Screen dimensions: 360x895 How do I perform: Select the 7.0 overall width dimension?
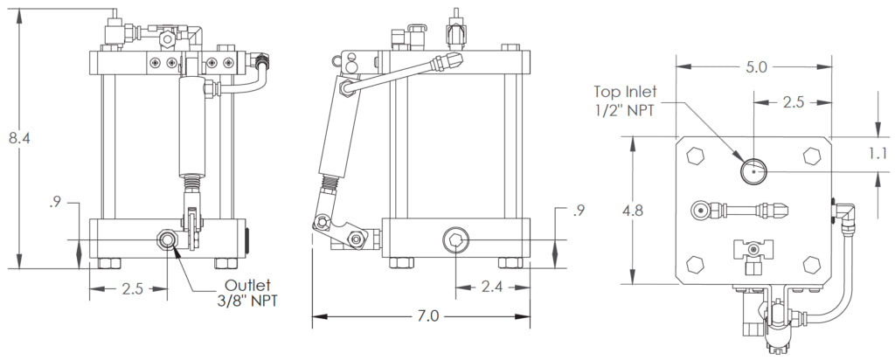coord(427,315)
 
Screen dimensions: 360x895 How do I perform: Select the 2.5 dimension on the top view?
coord(794,103)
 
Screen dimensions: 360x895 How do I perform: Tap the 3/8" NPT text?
coord(253,303)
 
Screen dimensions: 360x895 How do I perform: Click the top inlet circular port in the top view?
coord(753,170)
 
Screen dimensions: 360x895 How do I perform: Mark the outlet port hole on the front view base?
coord(166,239)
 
